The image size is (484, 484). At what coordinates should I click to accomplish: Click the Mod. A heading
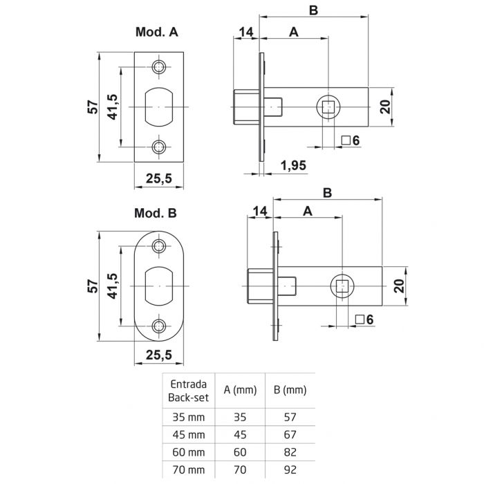click(x=156, y=32)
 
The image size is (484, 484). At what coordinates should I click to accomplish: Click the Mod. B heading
click(x=156, y=214)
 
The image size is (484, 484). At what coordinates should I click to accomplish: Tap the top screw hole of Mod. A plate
click(x=160, y=67)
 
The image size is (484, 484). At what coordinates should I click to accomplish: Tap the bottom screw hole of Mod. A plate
click(x=160, y=147)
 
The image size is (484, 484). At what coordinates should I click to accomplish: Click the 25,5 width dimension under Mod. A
click(x=159, y=178)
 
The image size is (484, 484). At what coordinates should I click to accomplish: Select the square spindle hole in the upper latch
click(x=328, y=106)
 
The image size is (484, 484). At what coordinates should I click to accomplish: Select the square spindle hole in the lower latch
click(x=344, y=286)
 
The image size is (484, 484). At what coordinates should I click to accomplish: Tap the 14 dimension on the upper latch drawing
click(x=246, y=32)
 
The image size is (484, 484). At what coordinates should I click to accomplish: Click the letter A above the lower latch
click(x=307, y=210)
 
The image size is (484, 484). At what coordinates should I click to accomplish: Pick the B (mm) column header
click(x=286, y=391)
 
